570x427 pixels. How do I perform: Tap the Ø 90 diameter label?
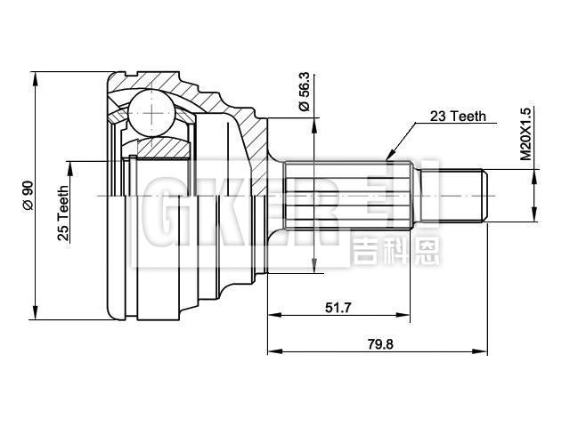[x=28, y=194]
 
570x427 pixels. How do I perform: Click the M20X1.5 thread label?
[x=525, y=133]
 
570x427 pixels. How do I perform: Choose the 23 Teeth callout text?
[x=458, y=116]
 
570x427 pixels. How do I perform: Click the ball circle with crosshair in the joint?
[x=154, y=113]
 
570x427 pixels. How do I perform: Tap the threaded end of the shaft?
[x=463, y=194]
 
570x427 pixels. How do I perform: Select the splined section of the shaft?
[x=347, y=194]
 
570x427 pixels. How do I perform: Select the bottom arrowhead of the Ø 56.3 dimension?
[x=313, y=267]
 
